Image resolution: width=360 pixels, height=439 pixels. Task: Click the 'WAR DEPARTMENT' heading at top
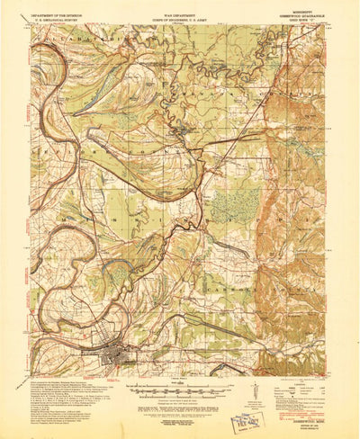(x=179, y=16)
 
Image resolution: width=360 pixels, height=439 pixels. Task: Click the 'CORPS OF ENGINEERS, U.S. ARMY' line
(x=179, y=22)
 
